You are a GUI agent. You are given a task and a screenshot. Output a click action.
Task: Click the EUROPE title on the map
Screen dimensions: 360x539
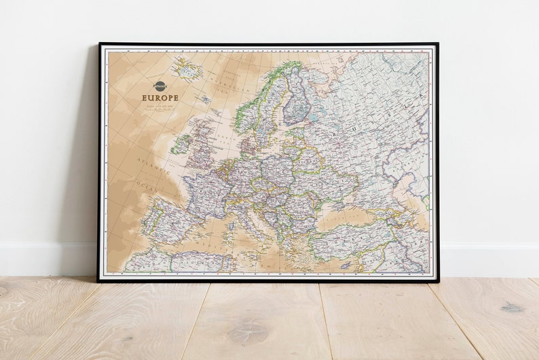(160, 98)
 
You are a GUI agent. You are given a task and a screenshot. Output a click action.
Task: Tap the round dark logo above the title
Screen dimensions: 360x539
(160, 86)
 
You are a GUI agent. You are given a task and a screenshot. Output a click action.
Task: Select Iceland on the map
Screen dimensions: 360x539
(187, 69)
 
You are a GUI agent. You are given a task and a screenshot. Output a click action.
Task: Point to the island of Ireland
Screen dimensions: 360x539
(181, 144)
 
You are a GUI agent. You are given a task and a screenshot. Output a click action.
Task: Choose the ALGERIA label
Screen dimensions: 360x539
(196, 262)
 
